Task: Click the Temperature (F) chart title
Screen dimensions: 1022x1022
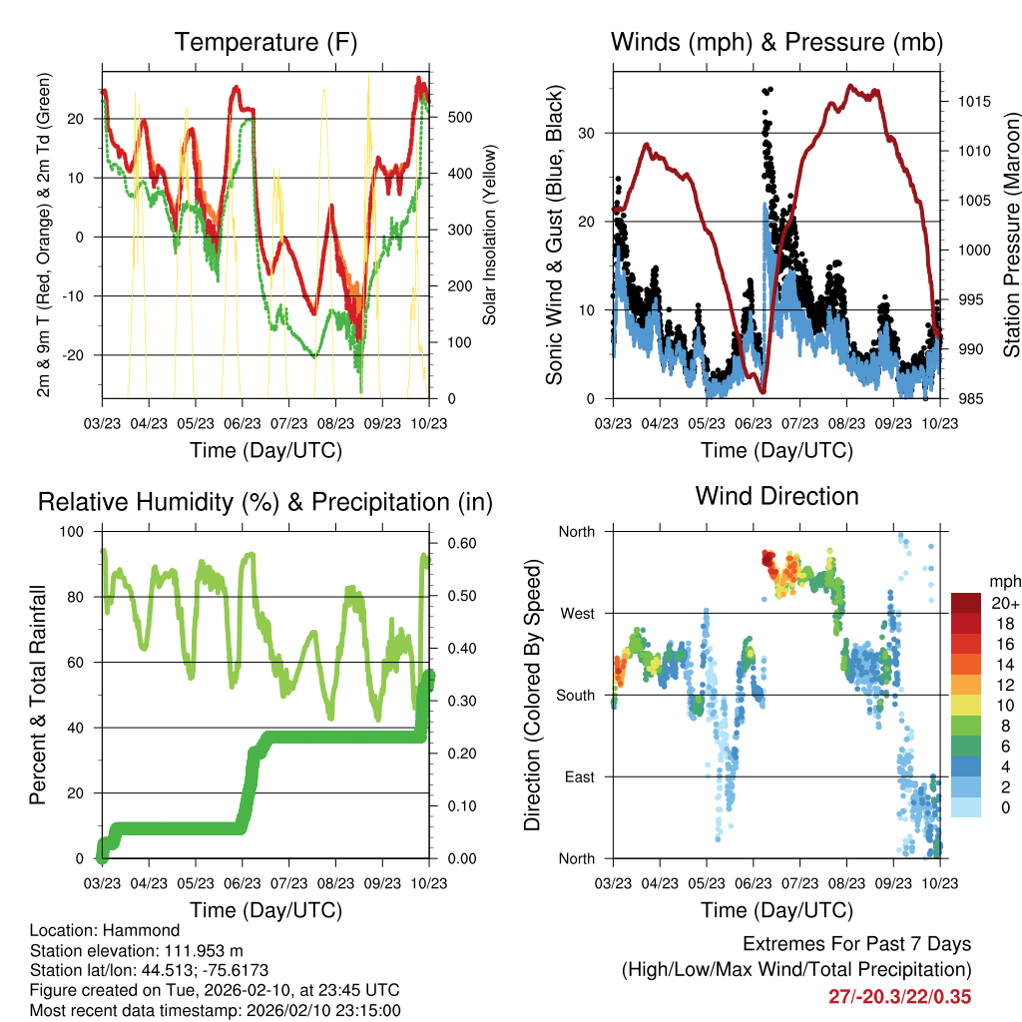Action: (x=265, y=42)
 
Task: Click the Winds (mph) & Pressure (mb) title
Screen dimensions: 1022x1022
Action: (x=776, y=42)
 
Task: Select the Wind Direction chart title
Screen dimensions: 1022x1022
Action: (x=776, y=495)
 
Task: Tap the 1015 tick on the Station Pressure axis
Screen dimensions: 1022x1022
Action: (x=972, y=102)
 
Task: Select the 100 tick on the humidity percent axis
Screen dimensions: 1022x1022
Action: (x=75, y=532)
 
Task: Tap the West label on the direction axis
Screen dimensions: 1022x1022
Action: (x=576, y=613)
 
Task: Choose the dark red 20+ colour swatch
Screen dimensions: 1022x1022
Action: (x=966, y=604)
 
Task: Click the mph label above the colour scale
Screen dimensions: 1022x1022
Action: (x=1004, y=581)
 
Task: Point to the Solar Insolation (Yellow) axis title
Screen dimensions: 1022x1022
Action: (x=490, y=236)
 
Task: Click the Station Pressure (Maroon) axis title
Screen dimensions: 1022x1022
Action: (x=1011, y=236)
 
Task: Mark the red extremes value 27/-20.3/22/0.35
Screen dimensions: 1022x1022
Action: (x=899, y=996)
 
